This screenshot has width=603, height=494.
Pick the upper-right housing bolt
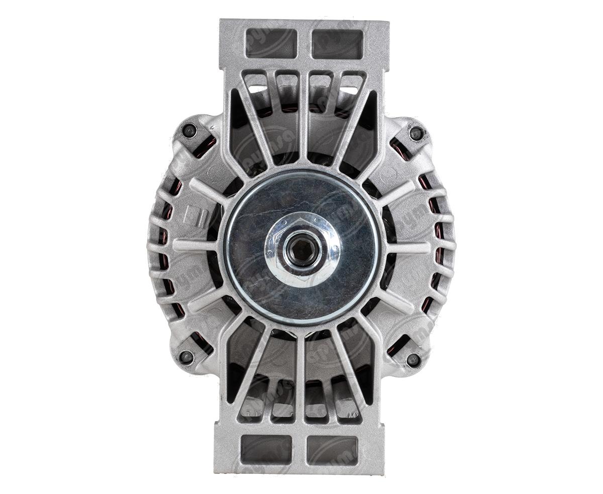(x=416, y=133)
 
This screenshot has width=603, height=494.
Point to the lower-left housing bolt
(x=186, y=357)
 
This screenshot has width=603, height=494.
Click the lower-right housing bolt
(x=413, y=359)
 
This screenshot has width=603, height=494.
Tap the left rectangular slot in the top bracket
(x=271, y=43)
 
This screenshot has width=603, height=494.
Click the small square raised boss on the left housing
(x=194, y=215)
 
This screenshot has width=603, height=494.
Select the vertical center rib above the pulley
(x=304, y=120)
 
